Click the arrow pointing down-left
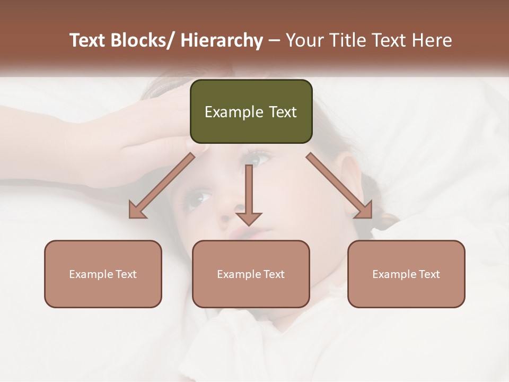(162, 186)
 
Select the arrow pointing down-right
(340, 186)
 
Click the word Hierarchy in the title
(221, 40)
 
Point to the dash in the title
(274, 41)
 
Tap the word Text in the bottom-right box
(429, 274)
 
